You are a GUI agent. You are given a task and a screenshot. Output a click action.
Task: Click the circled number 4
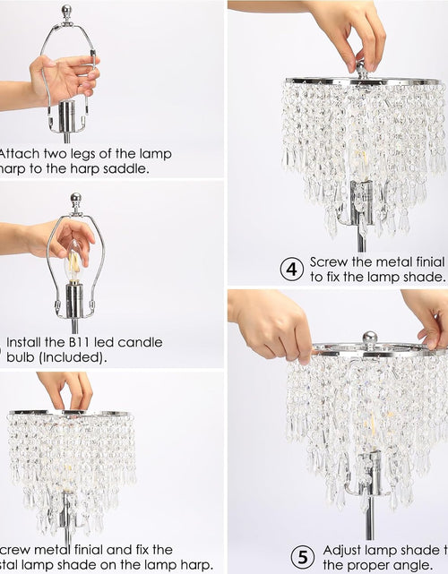[x=291, y=269]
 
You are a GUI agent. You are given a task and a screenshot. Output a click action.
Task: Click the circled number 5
[x=304, y=557]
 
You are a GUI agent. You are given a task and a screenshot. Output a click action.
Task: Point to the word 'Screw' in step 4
[x=329, y=261]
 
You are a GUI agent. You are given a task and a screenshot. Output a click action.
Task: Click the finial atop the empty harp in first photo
[x=66, y=13]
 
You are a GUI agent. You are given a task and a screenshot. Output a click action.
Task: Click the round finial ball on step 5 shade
[x=368, y=339]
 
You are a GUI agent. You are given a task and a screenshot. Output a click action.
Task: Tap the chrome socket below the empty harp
[x=67, y=116]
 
